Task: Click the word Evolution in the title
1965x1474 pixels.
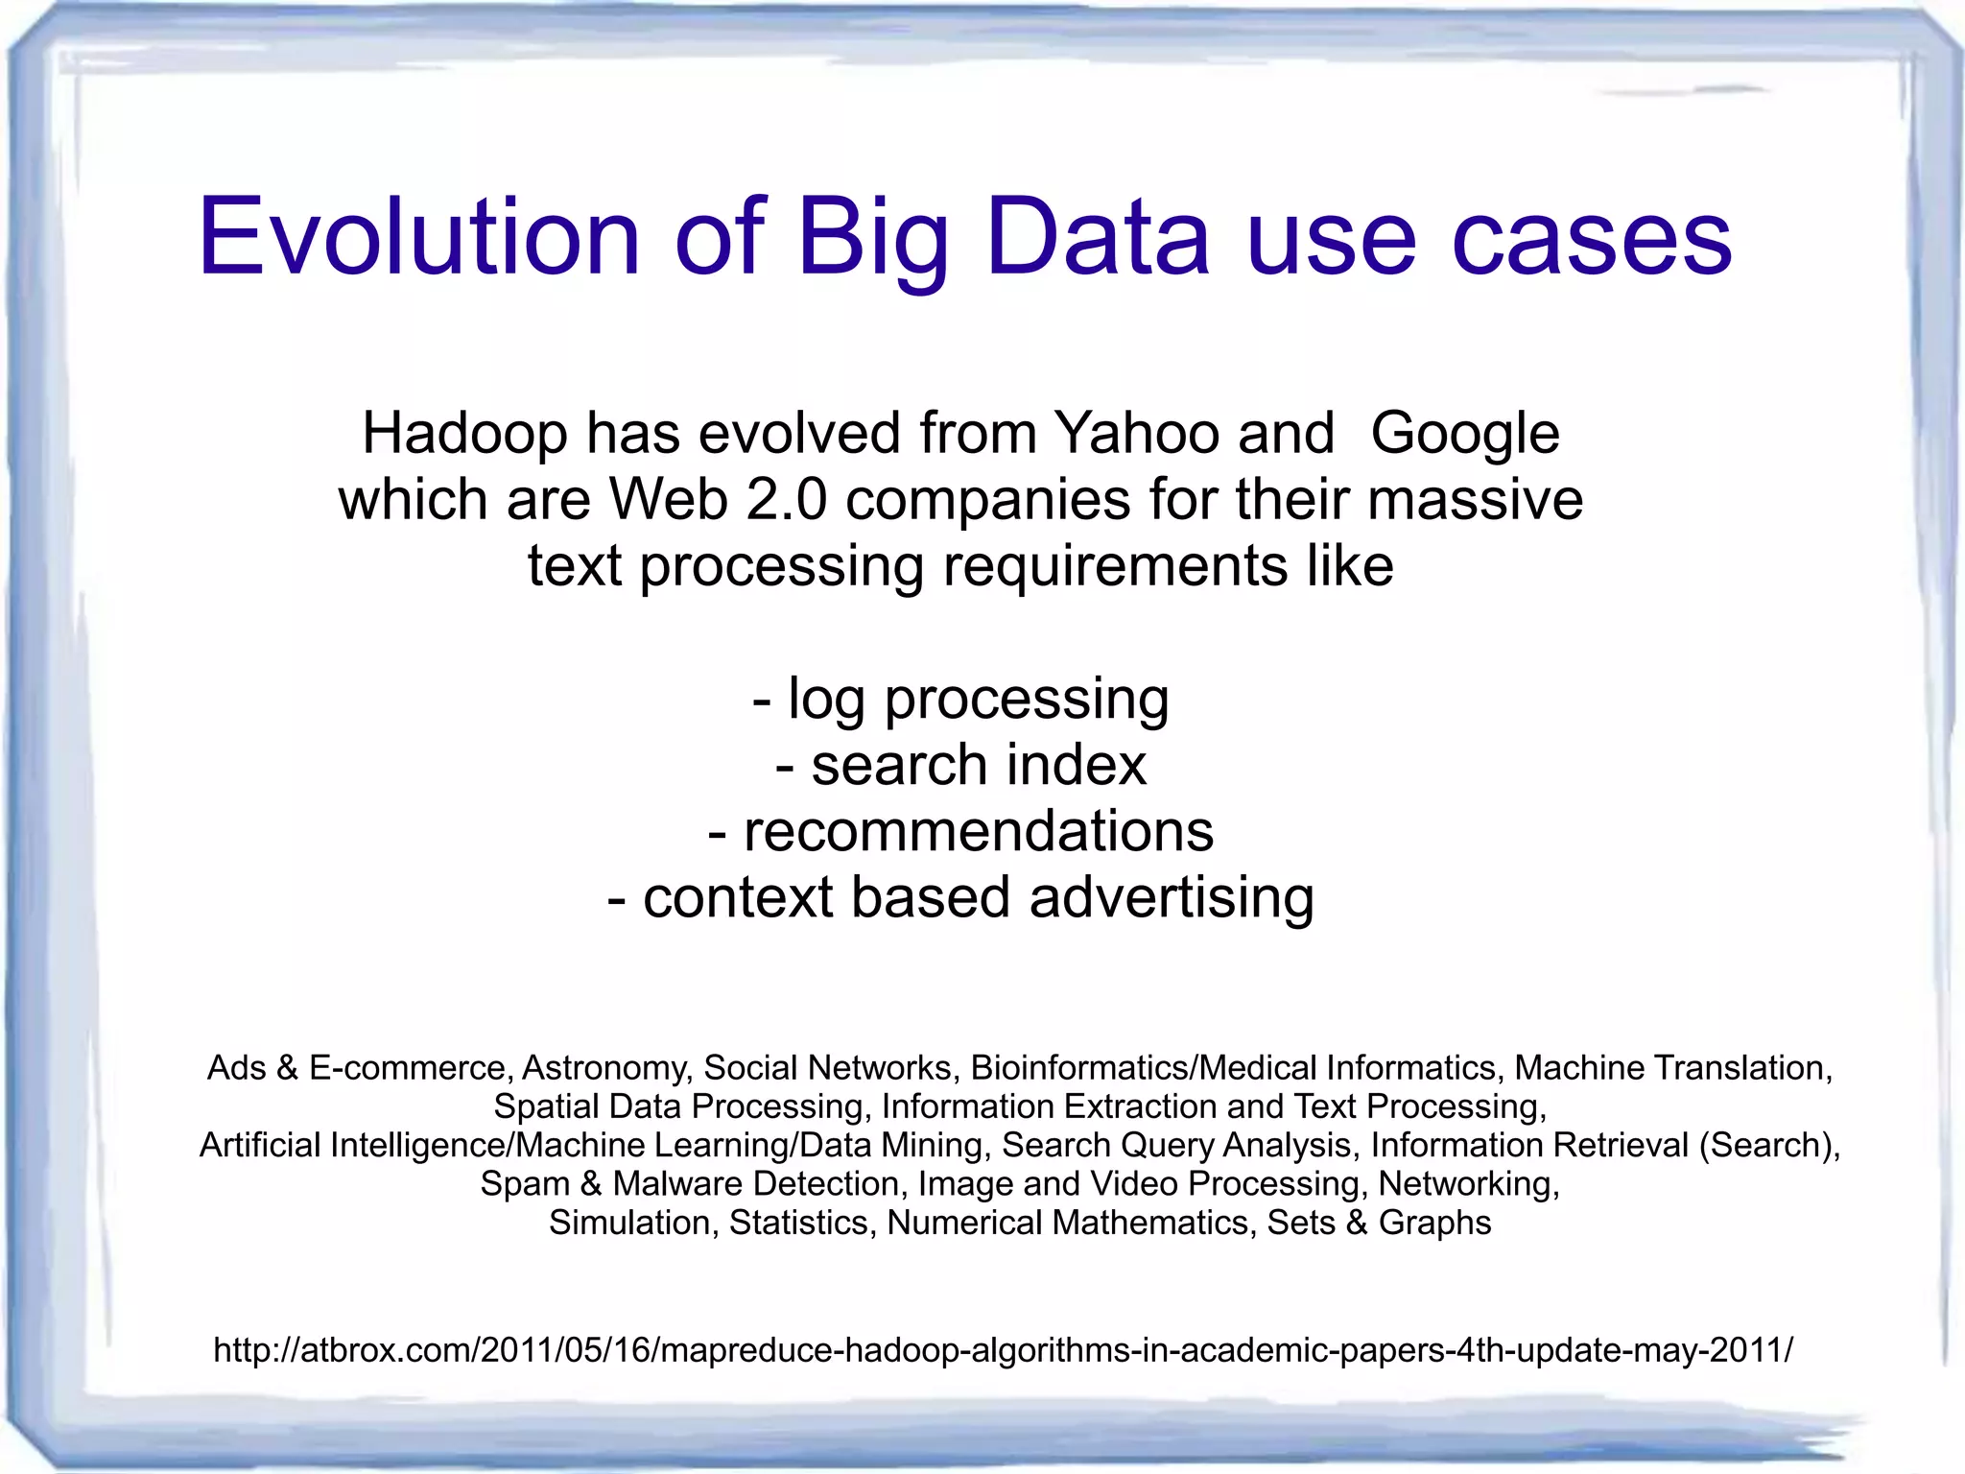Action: pos(419,237)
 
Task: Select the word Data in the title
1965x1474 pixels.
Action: pos(1098,237)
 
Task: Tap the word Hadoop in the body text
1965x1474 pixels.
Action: pos(464,434)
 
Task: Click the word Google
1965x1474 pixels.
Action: pos(1464,434)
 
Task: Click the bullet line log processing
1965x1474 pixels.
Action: pos(961,699)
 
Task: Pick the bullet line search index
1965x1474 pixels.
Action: pos(961,766)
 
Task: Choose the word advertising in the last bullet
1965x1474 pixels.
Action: pos(1171,898)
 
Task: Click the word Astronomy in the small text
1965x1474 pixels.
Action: pos(604,1068)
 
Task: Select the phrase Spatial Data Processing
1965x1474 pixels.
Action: pos(679,1106)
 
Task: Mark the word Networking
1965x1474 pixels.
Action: pos(1468,1184)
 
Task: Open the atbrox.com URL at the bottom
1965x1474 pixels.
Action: pos(1003,1350)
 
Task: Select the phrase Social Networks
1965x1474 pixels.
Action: pos(827,1068)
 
